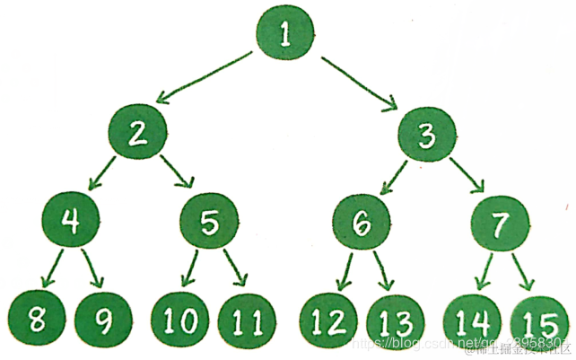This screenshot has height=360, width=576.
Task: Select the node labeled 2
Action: coord(138,133)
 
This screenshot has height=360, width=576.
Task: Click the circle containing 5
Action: coord(209,222)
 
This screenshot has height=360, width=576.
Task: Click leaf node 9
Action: coord(103,317)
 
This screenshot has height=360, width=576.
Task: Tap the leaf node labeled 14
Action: coord(473,319)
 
